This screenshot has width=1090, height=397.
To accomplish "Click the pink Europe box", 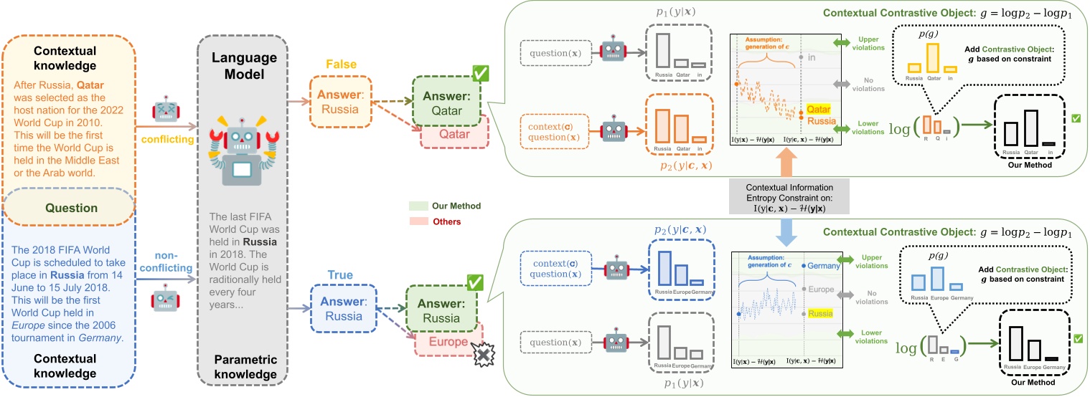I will tap(448, 342).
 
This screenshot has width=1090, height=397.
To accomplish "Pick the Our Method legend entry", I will tap(456, 206).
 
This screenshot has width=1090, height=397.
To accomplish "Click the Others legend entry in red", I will tap(447, 222).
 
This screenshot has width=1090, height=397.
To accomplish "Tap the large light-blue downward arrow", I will tap(786, 231).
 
